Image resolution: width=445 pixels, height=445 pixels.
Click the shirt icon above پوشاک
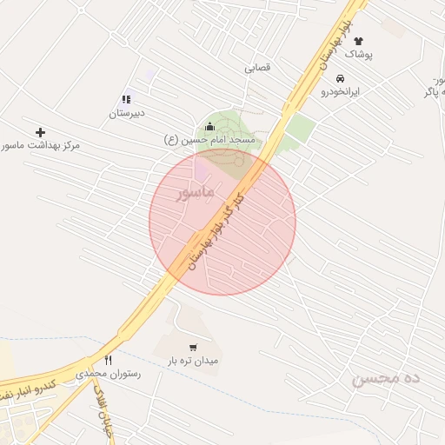358,41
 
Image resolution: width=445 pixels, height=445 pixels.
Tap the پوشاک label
358,54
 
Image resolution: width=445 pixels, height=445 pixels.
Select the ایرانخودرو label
341,90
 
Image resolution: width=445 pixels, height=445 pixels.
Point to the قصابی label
257,67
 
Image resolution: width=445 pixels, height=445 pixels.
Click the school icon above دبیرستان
127,100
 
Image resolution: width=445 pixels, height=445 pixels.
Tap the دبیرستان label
127,113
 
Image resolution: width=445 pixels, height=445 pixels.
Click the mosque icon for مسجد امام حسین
209,127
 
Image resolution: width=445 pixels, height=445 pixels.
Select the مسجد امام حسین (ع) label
209,139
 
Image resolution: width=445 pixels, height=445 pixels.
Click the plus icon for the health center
40,131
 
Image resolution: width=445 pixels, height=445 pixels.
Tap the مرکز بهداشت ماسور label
40,144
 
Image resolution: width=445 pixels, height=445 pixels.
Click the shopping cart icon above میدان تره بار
193,347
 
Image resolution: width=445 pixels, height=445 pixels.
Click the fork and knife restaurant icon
109,360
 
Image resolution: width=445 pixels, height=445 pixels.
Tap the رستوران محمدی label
108,373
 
